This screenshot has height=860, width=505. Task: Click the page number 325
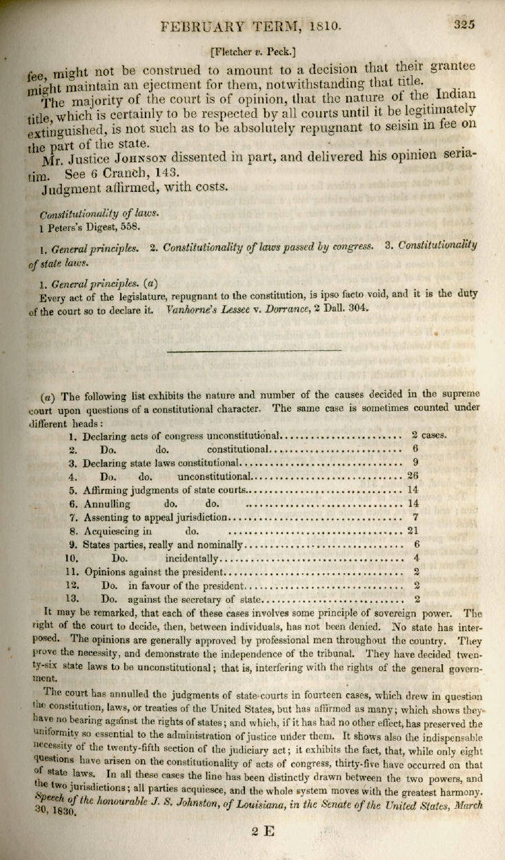[466, 25]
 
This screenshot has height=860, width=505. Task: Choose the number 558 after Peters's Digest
[130, 226]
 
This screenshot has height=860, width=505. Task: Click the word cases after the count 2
[436, 435]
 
